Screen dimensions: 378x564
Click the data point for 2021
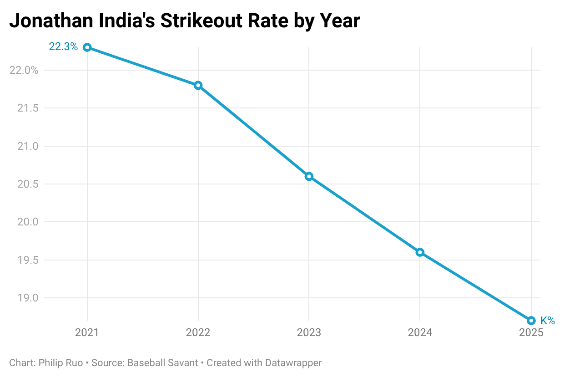pyautogui.click(x=87, y=47)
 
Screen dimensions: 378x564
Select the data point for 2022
pyautogui.click(x=198, y=85)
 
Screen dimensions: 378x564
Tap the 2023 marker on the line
pyautogui.click(x=309, y=176)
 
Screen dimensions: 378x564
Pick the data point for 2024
pyautogui.click(x=420, y=252)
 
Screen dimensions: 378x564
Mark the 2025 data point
pyautogui.click(x=531, y=321)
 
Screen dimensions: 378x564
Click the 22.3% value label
pyautogui.click(x=63, y=47)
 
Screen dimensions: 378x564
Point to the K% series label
pyautogui.click(x=548, y=321)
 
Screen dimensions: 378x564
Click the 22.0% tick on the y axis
pyautogui.click(x=24, y=70)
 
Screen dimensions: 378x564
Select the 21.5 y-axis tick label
pyautogui.click(x=29, y=108)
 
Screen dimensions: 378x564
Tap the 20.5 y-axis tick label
pyautogui.click(x=29, y=184)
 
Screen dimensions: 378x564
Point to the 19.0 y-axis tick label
pyautogui.click(x=29, y=298)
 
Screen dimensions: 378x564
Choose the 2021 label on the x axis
pyautogui.click(x=87, y=333)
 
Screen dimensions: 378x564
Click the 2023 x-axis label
pyautogui.click(x=309, y=333)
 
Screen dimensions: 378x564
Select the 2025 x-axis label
pyautogui.click(x=531, y=333)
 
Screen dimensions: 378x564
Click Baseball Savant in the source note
pyautogui.click(x=162, y=363)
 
